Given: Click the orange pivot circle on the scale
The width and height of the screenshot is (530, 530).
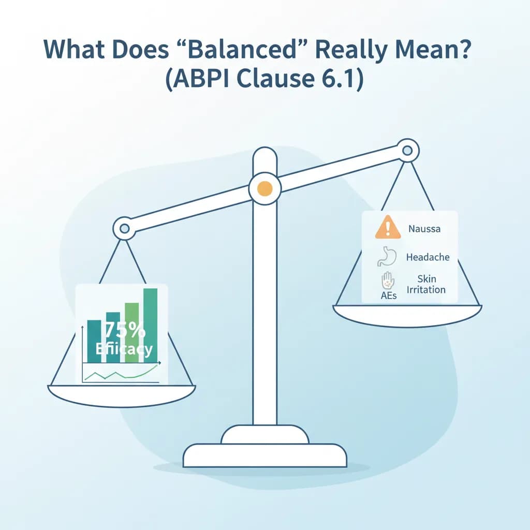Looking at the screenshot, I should (x=264, y=188).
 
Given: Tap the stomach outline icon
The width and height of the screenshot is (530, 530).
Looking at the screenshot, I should (x=386, y=256).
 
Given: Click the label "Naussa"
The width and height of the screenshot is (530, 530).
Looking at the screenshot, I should (x=424, y=228).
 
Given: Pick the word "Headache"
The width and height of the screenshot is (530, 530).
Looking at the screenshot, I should (x=428, y=257).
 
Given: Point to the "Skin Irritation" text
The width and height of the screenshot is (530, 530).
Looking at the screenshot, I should (x=426, y=285).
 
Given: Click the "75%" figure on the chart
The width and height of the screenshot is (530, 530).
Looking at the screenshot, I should (x=124, y=330).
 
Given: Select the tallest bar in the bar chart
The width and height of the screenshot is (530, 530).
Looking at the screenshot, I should (x=150, y=321).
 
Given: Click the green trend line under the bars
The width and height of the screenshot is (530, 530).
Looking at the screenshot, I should (x=124, y=374).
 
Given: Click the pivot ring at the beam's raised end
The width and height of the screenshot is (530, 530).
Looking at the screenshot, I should (x=407, y=151).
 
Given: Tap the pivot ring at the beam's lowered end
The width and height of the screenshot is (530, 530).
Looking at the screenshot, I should (x=124, y=228).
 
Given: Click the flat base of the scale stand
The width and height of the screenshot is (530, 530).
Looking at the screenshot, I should (x=264, y=455).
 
